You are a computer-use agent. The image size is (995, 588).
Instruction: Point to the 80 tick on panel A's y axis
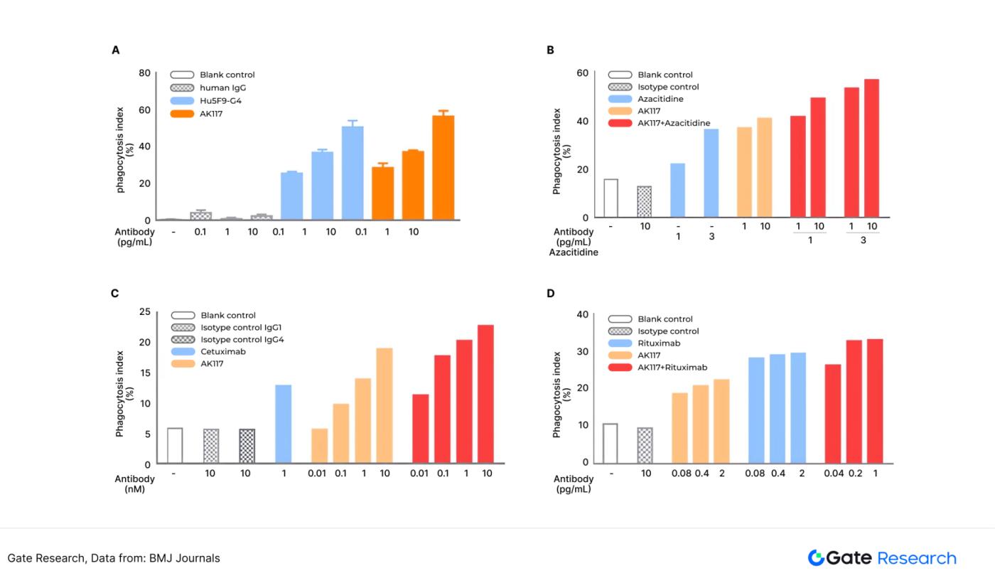click(145, 73)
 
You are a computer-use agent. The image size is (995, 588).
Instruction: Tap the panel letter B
click(550, 50)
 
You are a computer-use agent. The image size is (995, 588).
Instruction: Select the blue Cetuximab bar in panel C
click(284, 424)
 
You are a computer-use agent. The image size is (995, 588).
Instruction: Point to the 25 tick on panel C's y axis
click(145, 312)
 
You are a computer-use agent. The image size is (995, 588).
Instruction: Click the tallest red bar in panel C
click(486, 394)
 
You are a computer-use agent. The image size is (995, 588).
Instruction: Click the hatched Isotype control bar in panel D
click(645, 444)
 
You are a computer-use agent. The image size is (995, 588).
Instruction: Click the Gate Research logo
click(882, 558)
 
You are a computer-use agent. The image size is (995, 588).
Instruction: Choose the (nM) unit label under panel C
click(134, 489)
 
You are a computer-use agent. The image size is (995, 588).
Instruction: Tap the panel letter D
click(550, 294)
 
